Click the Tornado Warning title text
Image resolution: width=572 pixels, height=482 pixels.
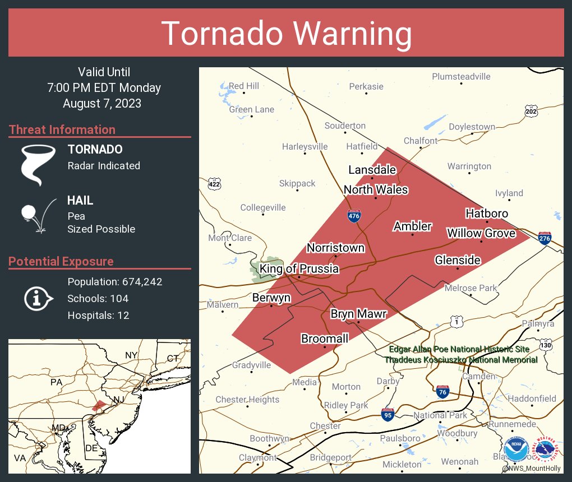(287, 33)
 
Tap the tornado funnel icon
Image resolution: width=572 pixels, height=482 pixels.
(38, 164)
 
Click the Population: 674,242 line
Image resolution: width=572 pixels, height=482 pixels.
(115, 282)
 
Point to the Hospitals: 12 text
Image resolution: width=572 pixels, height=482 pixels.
(98, 316)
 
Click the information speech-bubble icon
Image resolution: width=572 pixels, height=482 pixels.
(38, 298)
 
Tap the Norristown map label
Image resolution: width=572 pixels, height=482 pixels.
(335, 248)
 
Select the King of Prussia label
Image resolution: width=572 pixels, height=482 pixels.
(299, 269)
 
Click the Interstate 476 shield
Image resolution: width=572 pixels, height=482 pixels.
(353, 217)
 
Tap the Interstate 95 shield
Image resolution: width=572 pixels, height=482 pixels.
(388, 415)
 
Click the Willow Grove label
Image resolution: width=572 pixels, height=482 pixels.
(481, 233)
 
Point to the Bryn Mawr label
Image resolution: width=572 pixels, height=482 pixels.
(358, 314)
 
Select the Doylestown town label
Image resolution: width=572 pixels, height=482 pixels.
(472, 127)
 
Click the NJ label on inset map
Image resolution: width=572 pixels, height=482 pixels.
(119, 399)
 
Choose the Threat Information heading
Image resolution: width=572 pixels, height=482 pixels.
(62, 129)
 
